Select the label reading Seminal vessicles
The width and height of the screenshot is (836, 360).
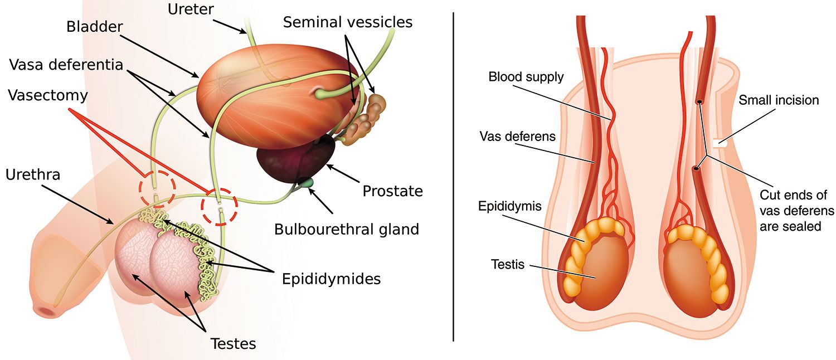click(x=348, y=22)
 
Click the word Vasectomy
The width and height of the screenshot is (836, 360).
click(x=48, y=95)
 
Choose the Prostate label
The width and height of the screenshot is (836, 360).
click(x=392, y=191)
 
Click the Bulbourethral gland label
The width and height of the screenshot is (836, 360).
click(x=347, y=228)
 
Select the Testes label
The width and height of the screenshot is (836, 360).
click(x=233, y=343)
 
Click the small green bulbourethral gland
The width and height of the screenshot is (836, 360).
click(x=306, y=182)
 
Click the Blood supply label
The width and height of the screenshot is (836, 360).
click(x=526, y=77)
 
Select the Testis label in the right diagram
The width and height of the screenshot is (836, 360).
click(x=508, y=264)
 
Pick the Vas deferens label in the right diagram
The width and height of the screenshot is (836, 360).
click(x=517, y=136)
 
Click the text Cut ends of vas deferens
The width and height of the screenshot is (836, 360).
click(x=797, y=211)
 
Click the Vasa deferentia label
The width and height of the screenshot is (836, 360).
click(x=66, y=64)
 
